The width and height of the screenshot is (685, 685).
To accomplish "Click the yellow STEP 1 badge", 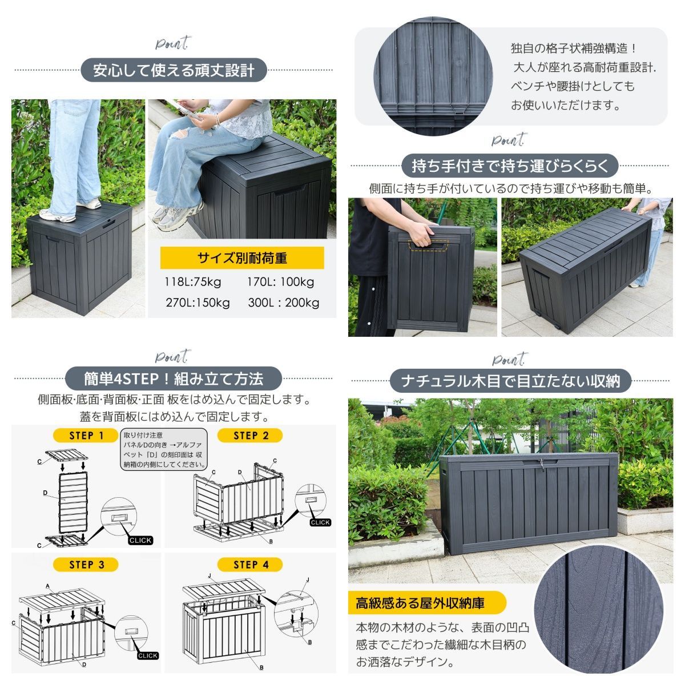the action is tap(86, 436).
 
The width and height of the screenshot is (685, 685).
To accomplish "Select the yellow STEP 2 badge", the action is tap(250, 436).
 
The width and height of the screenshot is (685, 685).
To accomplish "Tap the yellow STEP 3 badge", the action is tap(86, 565).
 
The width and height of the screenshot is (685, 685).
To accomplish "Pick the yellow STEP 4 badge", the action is tap(250, 565).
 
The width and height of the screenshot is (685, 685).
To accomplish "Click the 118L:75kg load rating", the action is tap(193, 282).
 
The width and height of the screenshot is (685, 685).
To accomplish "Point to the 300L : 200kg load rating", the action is tap(284, 303).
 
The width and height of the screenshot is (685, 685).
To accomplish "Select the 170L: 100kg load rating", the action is tap(280, 282).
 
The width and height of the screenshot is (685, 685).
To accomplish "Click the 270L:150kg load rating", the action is tap(198, 303).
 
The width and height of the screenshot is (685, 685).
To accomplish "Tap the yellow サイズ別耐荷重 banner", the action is tap(242, 257).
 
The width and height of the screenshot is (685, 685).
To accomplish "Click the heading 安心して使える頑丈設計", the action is tap(174, 70).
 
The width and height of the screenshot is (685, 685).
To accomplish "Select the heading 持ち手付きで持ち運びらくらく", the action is tap(510, 166).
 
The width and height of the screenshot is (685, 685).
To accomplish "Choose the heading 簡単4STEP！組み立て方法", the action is tap(174, 378).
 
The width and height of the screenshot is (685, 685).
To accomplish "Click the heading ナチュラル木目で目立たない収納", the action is tap(510, 381).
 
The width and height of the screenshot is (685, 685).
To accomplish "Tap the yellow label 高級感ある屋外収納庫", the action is tap(426, 603).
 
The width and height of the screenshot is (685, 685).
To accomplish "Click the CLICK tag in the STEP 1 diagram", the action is tap(140, 541).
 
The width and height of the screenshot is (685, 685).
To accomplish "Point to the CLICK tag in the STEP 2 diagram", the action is tap(320, 522).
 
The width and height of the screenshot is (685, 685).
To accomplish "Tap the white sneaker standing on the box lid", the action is tap(57, 215).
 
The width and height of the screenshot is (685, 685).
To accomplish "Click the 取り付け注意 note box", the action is tap(164, 449).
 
